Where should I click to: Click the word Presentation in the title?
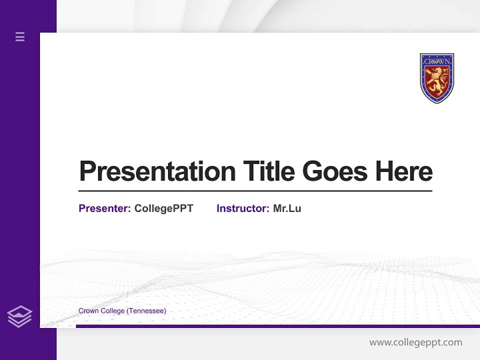pyautogui.click(x=157, y=171)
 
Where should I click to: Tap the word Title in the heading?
pyautogui.click(x=268, y=171)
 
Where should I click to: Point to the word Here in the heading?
pyautogui.click(x=404, y=171)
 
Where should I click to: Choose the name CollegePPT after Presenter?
pyautogui.click(x=163, y=208)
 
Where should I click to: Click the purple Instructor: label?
pyautogui.click(x=242, y=208)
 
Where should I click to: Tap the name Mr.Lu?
pyautogui.click(x=287, y=208)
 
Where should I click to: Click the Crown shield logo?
pyautogui.click(x=436, y=78)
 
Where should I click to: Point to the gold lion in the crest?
pyautogui.click(x=436, y=81)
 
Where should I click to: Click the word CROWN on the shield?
pyautogui.click(x=437, y=61)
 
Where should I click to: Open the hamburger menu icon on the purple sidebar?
pyautogui.click(x=20, y=36)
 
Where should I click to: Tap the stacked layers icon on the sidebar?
pyautogui.click(x=19, y=316)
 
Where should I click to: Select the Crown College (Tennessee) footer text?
pyautogui.click(x=122, y=311)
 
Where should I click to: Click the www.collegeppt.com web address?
pyautogui.click(x=415, y=342)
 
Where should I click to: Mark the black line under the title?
pyautogui.click(x=255, y=191)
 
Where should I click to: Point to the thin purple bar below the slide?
pyautogui.click(x=277, y=326)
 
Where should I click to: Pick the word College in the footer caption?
pyautogui.click(x=112, y=311)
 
